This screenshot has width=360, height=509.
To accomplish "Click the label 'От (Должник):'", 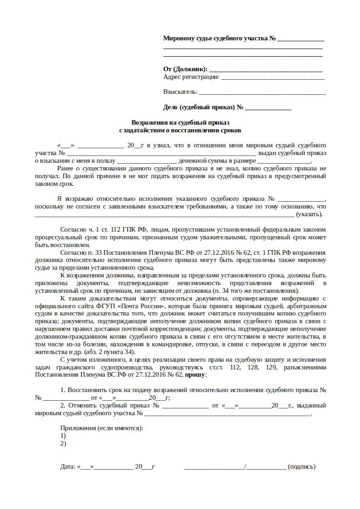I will [x=185, y=69].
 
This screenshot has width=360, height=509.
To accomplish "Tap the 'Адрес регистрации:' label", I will [x=191, y=77].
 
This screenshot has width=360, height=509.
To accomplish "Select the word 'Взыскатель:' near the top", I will [x=180, y=92].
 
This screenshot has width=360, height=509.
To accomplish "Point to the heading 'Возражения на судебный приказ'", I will [x=180, y=122].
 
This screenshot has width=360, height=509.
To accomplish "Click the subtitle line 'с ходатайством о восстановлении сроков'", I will [x=180, y=130].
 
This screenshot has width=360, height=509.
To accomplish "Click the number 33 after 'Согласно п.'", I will [x=98, y=252].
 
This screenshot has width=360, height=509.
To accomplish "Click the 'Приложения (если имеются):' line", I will [x=102, y=428].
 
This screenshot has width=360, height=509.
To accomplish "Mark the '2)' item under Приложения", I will [x=63, y=443].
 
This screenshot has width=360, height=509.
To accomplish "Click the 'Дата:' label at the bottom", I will [x=68, y=466].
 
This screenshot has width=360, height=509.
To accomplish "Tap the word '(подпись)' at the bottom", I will [x=302, y=466].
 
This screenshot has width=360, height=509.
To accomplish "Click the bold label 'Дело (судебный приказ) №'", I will [x=203, y=107].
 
